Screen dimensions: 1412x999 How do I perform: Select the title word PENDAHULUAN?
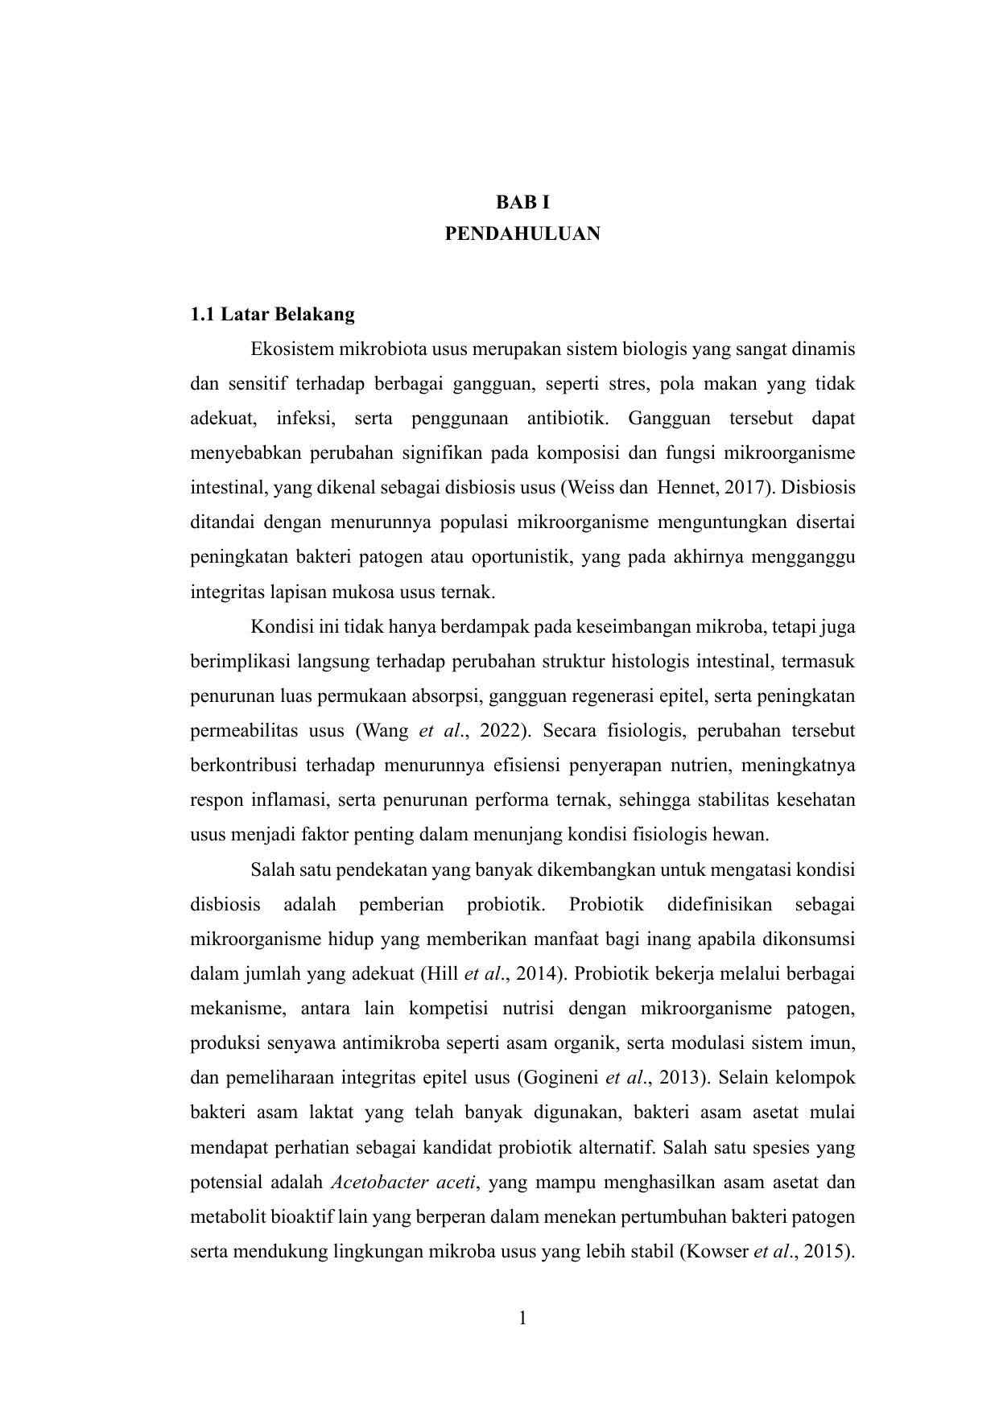[x=522, y=234]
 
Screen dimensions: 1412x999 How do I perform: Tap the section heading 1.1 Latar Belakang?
[x=272, y=314]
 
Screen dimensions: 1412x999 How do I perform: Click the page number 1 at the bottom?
[x=522, y=1318]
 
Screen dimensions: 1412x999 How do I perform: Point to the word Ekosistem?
[x=290, y=350]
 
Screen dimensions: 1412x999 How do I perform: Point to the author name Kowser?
[x=715, y=1253]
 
